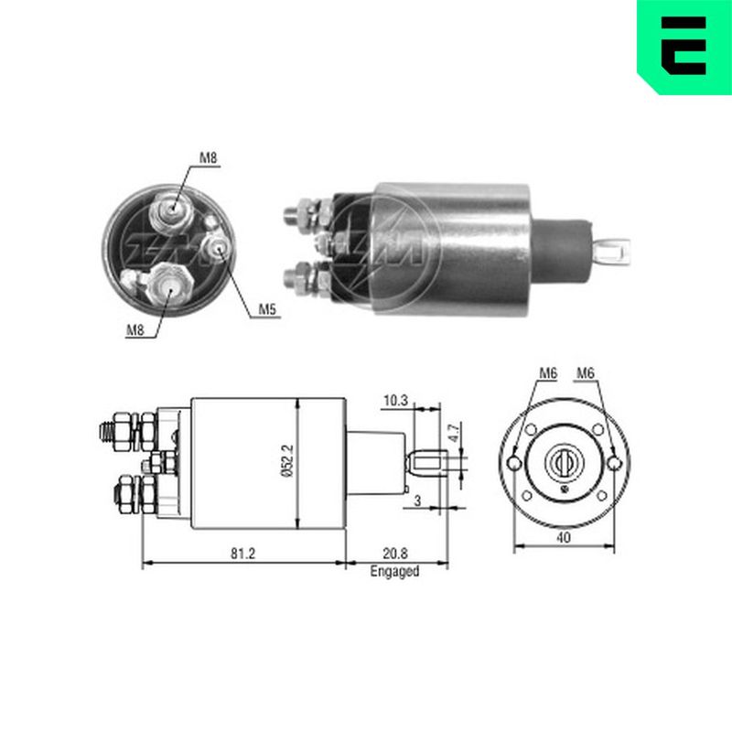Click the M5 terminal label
[267, 309]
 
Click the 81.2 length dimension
[242, 554]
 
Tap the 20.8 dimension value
[395, 554]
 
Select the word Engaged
[394, 571]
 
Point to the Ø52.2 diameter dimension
[287, 461]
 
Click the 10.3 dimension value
[395, 401]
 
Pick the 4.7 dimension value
[455, 432]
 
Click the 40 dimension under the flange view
[564, 538]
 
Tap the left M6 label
[548, 373]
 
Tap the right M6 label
[586, 373]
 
